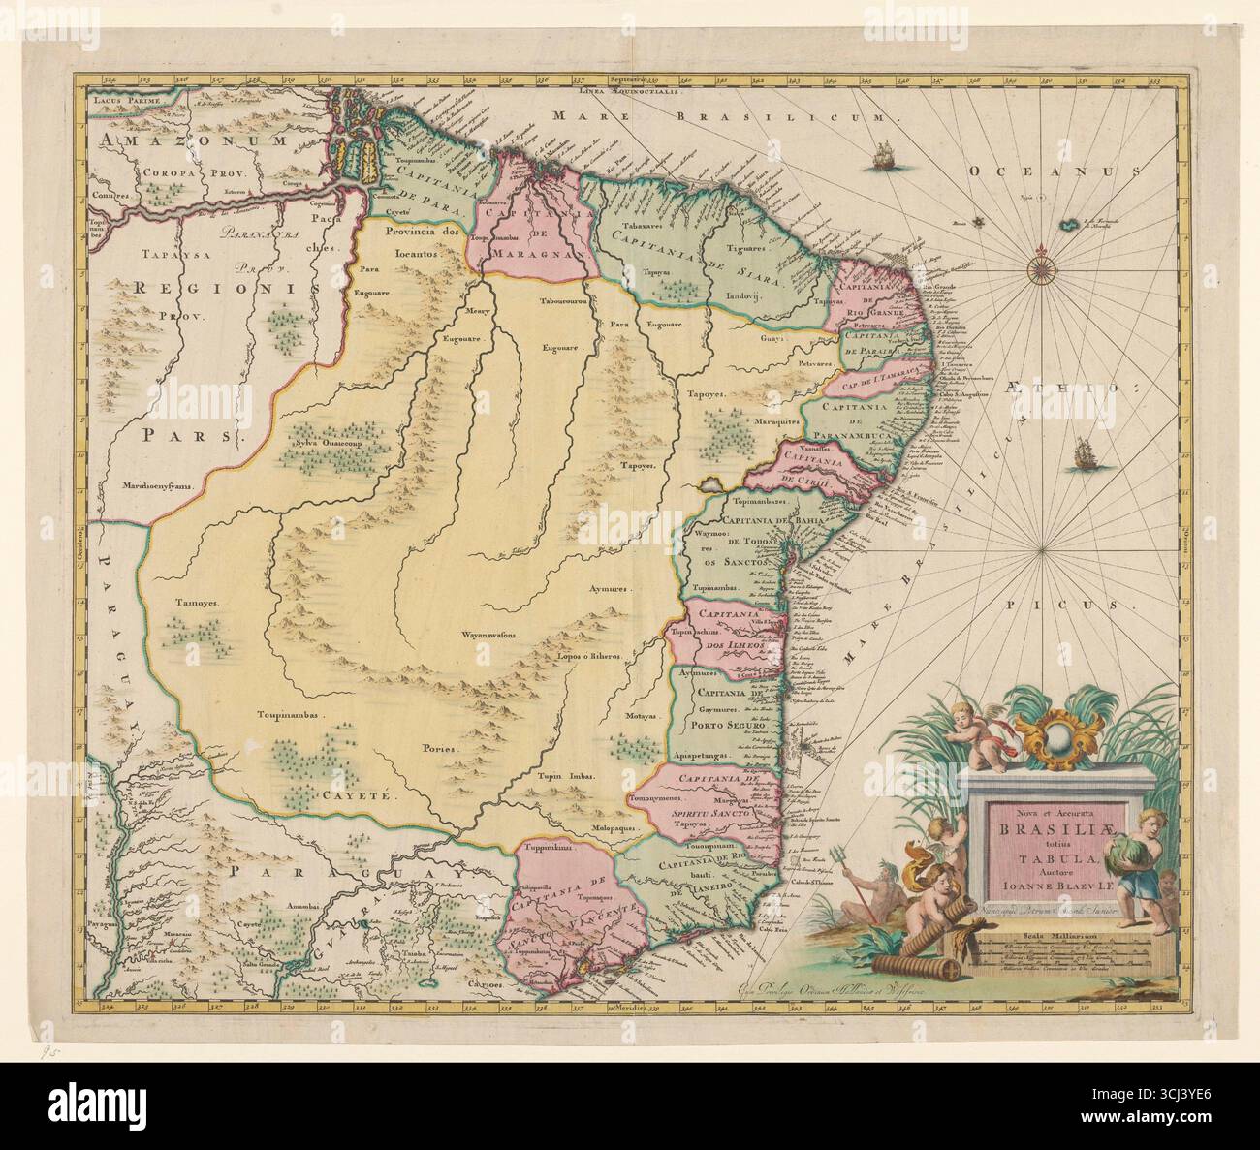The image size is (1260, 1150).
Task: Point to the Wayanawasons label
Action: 489,637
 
